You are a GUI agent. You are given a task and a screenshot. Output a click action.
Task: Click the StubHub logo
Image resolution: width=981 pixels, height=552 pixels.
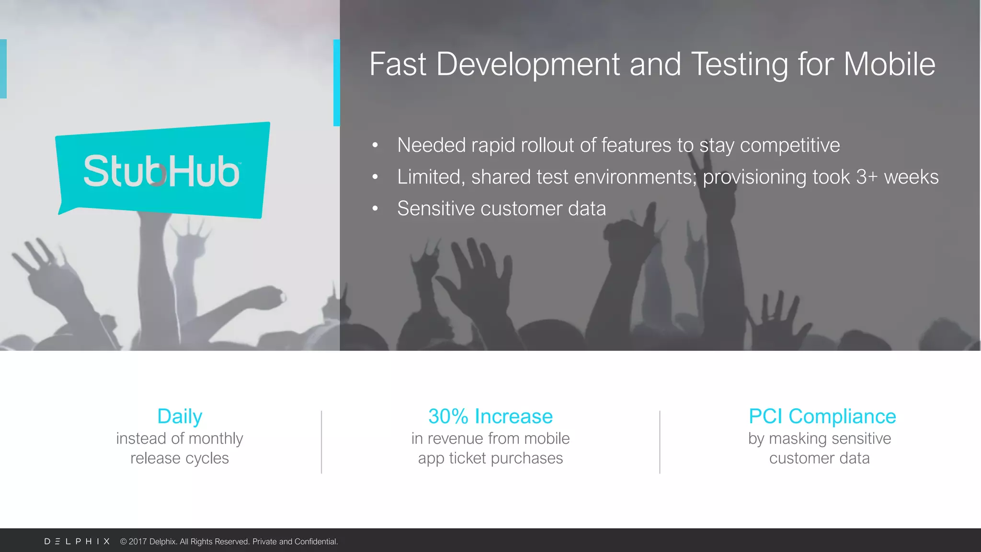click(162, 170)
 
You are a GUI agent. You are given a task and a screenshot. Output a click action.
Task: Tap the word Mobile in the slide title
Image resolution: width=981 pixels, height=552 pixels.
click(889, 64)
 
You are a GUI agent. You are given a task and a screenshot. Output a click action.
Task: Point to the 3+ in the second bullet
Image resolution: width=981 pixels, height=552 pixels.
click(867, 177)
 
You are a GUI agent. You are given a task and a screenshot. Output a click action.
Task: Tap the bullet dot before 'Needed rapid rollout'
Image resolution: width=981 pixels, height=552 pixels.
click(375, 145)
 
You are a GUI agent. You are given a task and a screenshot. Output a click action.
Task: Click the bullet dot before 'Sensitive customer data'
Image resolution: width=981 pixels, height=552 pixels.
click(375, 208)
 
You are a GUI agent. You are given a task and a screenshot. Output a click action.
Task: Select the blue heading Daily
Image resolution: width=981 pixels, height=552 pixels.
click(180, 416)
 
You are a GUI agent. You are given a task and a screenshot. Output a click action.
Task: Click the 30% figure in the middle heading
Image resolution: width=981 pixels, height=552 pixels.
click(448, 416)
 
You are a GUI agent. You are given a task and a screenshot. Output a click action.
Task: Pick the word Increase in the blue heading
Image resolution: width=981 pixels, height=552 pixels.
click(513, 416)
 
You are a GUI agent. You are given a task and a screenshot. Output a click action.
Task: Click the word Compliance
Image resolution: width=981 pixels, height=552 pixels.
click(842, 416)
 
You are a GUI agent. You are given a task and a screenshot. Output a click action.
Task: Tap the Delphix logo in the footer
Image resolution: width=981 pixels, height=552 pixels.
click(77, 541)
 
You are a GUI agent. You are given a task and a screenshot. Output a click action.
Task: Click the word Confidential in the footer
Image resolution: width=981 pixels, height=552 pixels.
click(316, 541)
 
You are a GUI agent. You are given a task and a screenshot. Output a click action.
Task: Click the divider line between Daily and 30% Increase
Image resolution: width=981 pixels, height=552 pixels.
click(321, 442)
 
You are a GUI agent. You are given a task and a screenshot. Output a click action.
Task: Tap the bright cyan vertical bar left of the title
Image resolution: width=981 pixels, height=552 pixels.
click(336, 82)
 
